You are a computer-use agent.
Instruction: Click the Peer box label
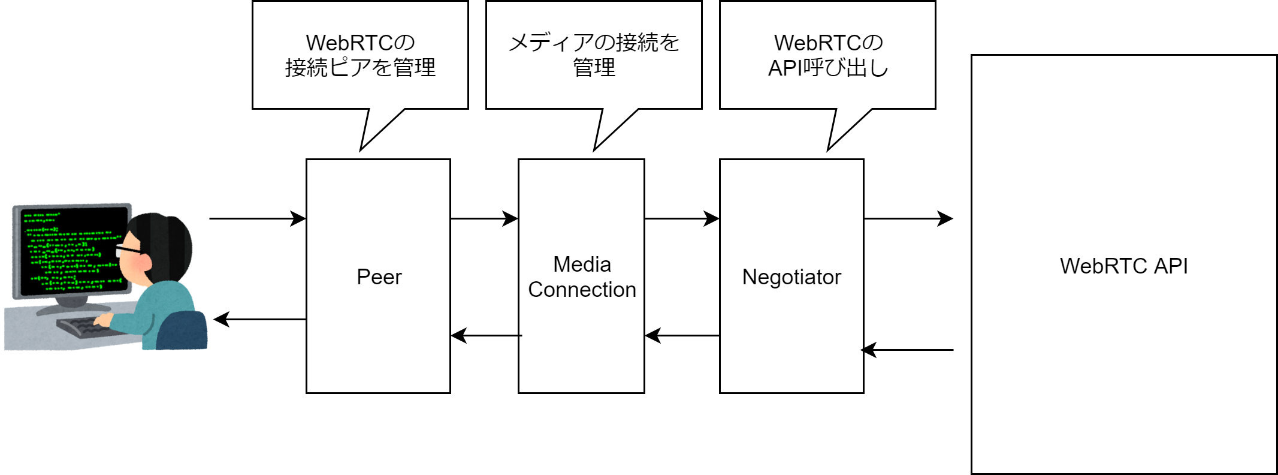coord(379,277)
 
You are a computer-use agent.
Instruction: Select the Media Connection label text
coord(582,277)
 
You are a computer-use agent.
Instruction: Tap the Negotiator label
coord(791,277)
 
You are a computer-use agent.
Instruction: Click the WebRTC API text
coord(1123,266)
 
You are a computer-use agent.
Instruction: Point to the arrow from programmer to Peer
coord(258,218)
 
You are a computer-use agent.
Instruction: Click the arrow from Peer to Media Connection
coord(484,218)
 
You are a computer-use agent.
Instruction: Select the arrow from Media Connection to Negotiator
coord(682,218)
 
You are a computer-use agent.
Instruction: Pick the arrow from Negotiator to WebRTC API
coord(908,218)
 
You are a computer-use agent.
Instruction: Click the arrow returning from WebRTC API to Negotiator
coord(908,350)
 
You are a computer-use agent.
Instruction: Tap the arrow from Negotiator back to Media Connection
coord(682,335)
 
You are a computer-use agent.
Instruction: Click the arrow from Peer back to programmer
coord(259,319)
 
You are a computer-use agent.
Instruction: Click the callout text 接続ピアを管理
coord(360,67)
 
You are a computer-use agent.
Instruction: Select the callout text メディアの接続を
coord(593,42)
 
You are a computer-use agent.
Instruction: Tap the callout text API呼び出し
coord(827,68)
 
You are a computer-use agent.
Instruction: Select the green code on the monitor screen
coord(69,252)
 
